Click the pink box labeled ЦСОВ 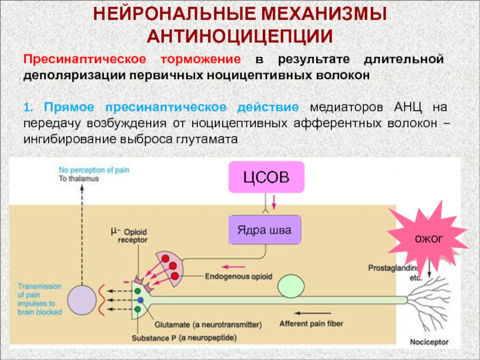tap(266, 177)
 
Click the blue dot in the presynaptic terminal tap(139, 299)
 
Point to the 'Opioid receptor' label tap(128, 236)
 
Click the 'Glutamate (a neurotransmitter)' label tap(208, 325)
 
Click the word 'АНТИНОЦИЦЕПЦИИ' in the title tap(239, 36)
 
